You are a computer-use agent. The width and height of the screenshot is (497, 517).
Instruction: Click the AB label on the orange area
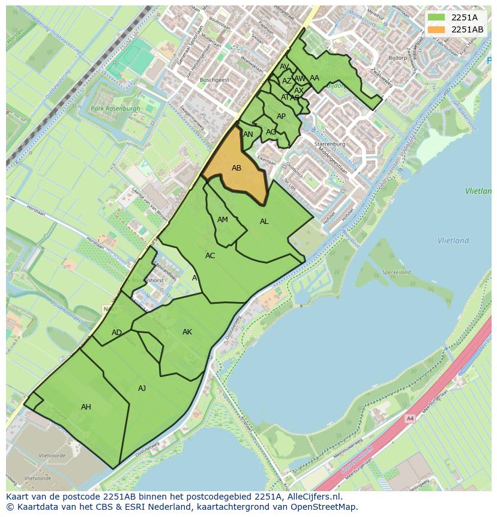[x=236, y=168]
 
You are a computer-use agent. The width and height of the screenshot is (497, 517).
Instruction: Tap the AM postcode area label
[x=223, y=220]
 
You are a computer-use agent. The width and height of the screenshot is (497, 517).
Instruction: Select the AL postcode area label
[x=264, y=222]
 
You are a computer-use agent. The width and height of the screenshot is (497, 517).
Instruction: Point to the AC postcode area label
[x=210, y=256]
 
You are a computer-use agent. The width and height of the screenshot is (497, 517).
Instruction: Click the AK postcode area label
[x=187, y=332]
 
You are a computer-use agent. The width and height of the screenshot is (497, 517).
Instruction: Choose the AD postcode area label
[x=116, y=333]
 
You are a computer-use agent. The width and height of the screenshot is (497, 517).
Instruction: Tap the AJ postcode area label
[x=142, y=389]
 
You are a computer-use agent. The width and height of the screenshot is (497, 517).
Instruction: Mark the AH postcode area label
[x=86, y=407]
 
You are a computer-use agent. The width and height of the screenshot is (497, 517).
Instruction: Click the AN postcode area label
[x=248, y=135]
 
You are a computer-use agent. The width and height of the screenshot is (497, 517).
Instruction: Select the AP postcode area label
[x=281, y=116]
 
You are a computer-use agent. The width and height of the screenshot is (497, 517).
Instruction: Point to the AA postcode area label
[x=315, y=78]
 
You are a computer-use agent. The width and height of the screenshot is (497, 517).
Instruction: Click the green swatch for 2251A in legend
[x=436, y=17]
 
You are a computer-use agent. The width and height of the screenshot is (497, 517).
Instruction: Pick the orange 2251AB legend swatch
[x=436, y=29]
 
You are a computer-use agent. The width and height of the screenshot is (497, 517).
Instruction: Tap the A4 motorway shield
[x=410, y=419]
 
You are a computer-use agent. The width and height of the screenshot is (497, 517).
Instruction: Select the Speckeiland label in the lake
[x=397, y=272]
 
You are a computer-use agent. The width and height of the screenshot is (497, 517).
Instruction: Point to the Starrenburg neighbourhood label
[x=330, y=145]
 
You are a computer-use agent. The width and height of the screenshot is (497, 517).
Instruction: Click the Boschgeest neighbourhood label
[x=215, y=79]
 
